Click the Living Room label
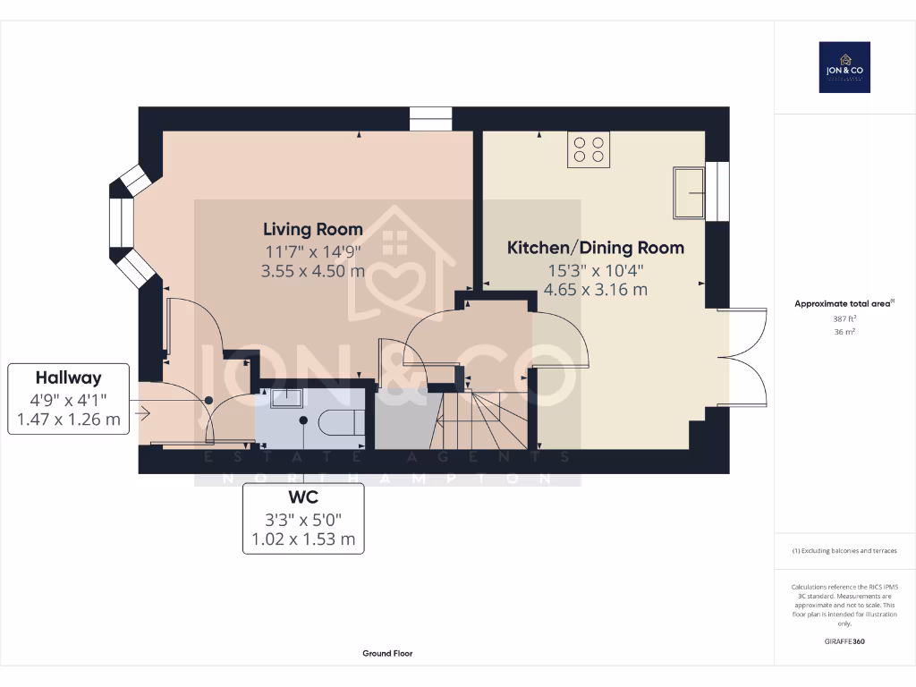[x=312, y=229]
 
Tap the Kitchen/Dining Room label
[x=595, y=248]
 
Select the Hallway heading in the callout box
[x=68, y=377]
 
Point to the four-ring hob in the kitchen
[x=588, y=149]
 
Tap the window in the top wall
[x=431, y=119]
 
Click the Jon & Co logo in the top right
[x=844, y=67]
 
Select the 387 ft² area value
[x=844, y=318]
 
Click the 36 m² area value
[x=844, y=331]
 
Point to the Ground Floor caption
[x=387, y=654]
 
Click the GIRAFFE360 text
[x=844, y=641]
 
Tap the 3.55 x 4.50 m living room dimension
[x=312, y=270]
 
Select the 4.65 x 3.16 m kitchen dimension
[x=595, y=290]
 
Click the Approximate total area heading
[x=843, y=304]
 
